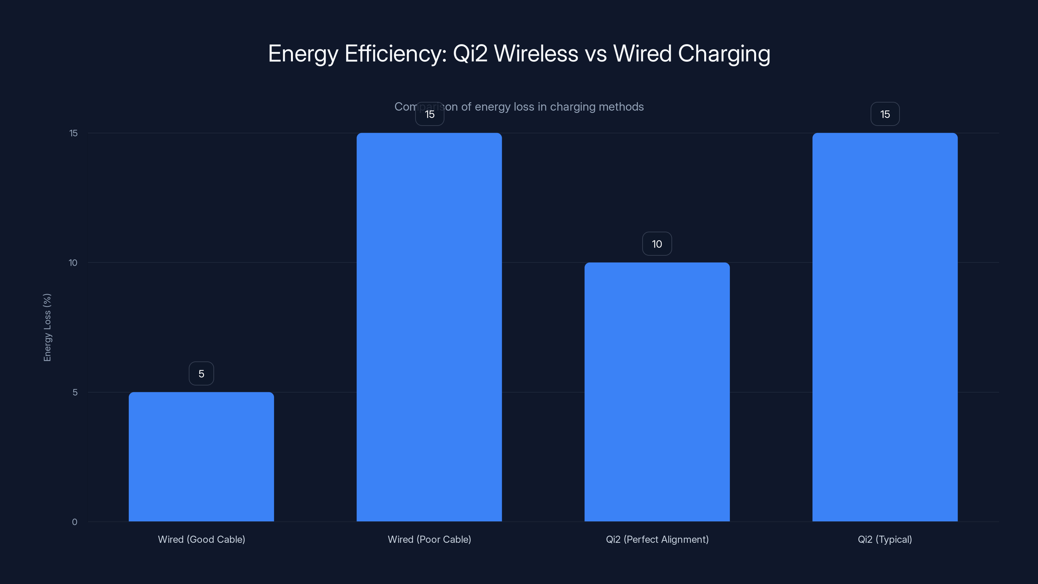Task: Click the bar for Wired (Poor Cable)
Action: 429,327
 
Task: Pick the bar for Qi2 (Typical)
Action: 885,327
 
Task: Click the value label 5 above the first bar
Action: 201,374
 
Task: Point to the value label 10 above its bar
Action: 657,244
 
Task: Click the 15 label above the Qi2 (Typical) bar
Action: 885,114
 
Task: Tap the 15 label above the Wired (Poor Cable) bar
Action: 429,114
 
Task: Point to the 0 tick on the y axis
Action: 75,522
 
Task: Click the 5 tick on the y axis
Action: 75,392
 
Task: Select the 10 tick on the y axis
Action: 73,263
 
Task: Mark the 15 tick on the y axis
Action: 73,133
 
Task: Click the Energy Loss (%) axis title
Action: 47,327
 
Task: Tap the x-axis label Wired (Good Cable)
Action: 201,539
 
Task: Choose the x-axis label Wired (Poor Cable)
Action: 429,539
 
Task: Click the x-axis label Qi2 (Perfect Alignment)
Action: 657,539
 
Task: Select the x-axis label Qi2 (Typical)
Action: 885,539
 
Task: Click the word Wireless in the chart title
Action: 536,54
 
